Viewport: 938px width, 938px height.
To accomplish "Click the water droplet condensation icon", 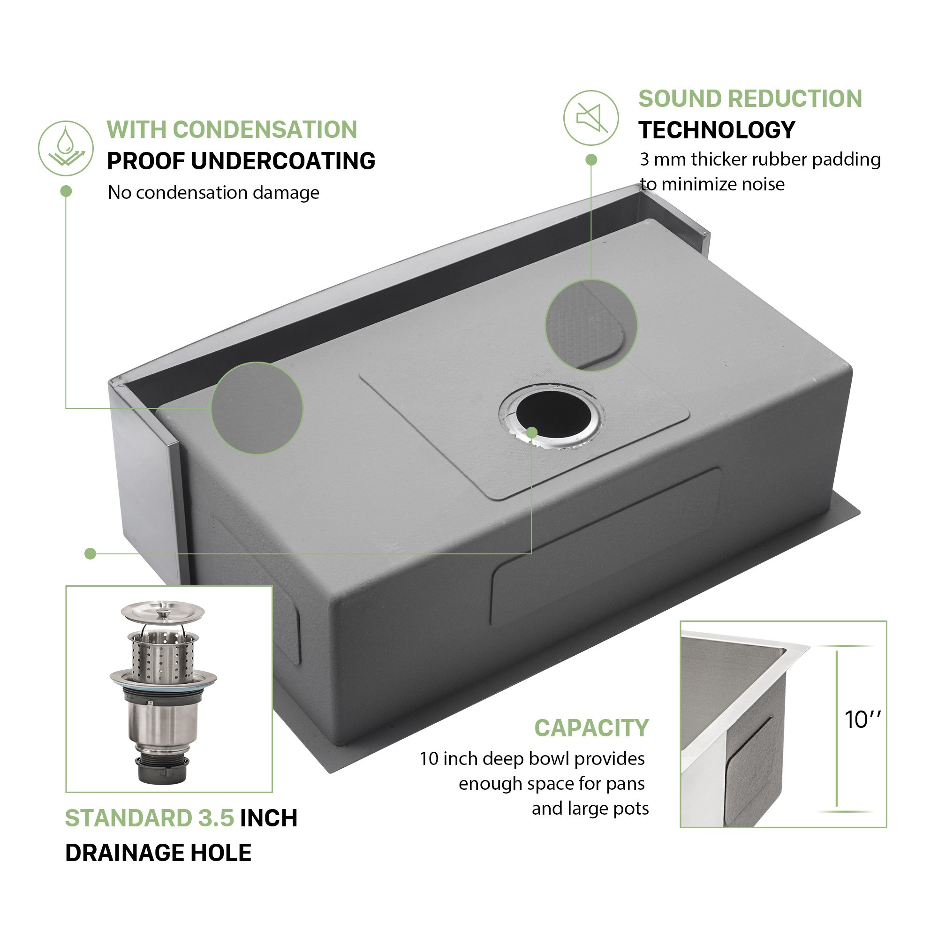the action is point(66,148).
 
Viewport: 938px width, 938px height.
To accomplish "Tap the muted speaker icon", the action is point(591,118).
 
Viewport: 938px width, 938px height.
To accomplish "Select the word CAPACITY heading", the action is point(591,728).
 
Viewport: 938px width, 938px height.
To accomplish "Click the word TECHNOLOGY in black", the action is point(717,130).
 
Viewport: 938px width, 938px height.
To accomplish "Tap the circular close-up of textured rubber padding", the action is point(591,325).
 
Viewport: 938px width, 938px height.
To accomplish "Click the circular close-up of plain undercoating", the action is point(257,408).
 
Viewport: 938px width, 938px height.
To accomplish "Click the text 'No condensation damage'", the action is point(213,193).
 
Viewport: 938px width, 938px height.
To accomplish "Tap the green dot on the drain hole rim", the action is point(532,432).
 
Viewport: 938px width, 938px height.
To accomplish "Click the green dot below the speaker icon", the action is point(591,160).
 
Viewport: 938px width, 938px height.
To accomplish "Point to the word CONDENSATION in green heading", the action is point(265,129).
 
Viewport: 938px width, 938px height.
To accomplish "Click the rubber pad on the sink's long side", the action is point(605,547).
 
